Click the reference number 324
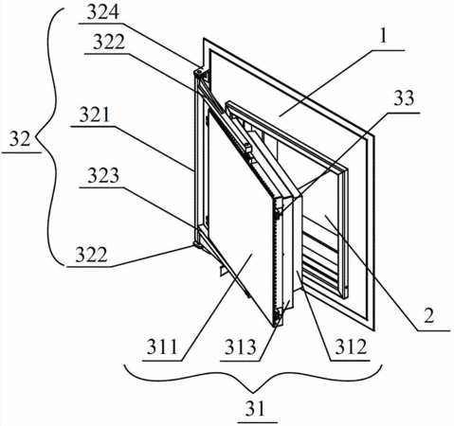point(103,12)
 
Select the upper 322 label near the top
point(109,42)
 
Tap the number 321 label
point(95,115)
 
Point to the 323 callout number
point(103,175)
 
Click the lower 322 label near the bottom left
point(91,256)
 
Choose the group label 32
point(20,139)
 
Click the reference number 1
point(383,37)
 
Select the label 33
point(404,98)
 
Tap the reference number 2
point(429,316)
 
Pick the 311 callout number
point(162,347)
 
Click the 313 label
point(240,347)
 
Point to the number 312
point(351,346)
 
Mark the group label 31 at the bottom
point(256,408)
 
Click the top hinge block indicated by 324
point(199,73)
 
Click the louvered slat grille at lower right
point(319,258)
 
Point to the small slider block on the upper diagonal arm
point(247,148)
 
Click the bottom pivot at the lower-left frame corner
point(197,245)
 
